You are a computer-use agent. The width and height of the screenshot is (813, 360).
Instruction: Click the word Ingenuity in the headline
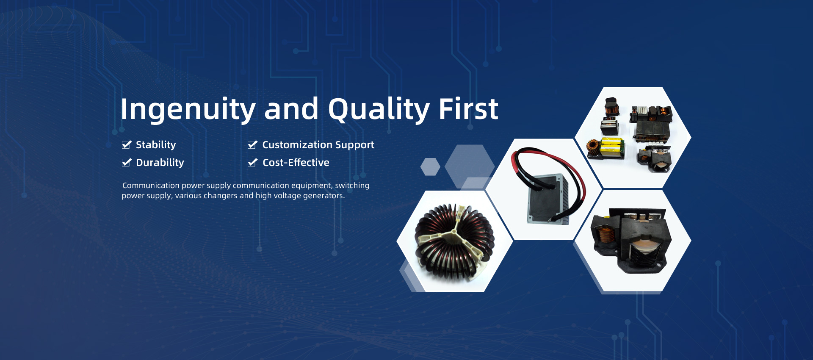[x=188, y=110]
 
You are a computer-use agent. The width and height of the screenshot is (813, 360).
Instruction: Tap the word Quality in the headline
[x=379, y=110]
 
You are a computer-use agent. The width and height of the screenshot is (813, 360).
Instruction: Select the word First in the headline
[x=468, y=109]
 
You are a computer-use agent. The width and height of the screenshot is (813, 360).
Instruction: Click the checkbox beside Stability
[x=127, y=145]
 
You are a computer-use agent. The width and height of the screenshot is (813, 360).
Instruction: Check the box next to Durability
[x=127, y=163]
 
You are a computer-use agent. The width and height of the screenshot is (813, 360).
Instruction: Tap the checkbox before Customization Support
[x=252, y=145]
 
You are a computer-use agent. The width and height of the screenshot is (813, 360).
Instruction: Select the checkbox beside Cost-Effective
[x=252, y=163]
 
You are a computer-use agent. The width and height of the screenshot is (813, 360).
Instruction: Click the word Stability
[x=156, y=145]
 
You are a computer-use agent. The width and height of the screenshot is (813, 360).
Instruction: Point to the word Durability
[x=160, y=163]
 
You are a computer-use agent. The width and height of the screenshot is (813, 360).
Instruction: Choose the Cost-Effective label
[x=296, y=163]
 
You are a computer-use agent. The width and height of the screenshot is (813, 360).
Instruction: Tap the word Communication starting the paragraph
[x=151, y=186]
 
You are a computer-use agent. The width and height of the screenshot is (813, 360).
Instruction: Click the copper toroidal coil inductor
[x=454, y=241]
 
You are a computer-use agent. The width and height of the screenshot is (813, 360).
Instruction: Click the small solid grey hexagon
[x=430, y=166]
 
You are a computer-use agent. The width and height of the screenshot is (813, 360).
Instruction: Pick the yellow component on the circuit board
[x=611, y=145]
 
